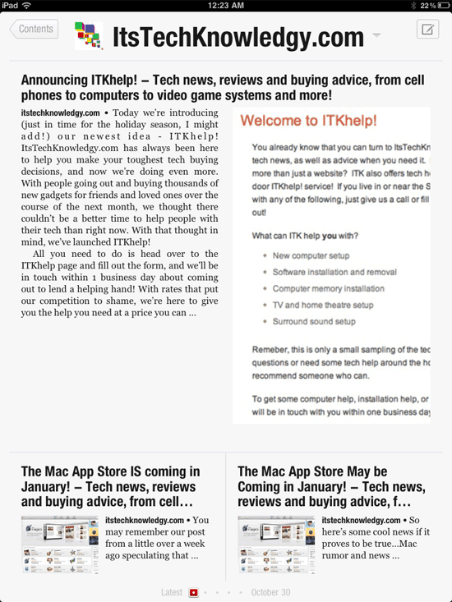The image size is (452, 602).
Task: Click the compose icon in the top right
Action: click(x=427, y=30)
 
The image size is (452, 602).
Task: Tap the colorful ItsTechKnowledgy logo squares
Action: click(x=88, y=36)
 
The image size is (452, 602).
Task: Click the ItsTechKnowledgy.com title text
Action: click(x=238, y=37)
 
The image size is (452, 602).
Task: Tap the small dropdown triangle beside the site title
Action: click(x=376, y=35)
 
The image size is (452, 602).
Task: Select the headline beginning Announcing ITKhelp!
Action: click(x=222, y=88)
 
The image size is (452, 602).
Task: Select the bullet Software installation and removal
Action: click(x=335, y=272)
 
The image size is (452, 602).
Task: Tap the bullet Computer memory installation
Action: click(x=328, y=288)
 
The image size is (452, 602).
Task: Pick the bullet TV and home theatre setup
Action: click(x=323, y=305)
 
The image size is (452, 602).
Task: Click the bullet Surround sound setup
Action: click(x=314, y=321)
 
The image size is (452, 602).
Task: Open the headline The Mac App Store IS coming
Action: click(x=110, y=486)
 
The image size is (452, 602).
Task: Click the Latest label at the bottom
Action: click(x=172, y=592)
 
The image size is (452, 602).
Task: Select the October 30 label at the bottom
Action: click(x=270, y=592)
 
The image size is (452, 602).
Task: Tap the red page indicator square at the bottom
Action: click(x=194, y=592)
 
